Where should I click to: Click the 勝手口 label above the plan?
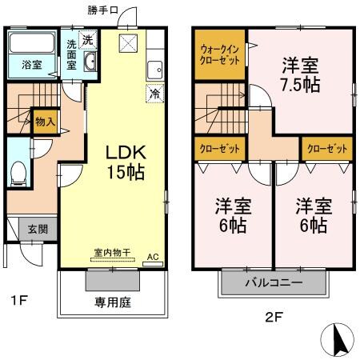[102, 10]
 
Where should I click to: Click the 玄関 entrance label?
[26, 228]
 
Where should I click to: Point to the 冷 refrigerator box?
[153, 93]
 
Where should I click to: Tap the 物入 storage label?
[45, 122]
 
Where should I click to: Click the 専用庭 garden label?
[111, 303]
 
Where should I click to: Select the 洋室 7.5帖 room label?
[301, 74]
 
